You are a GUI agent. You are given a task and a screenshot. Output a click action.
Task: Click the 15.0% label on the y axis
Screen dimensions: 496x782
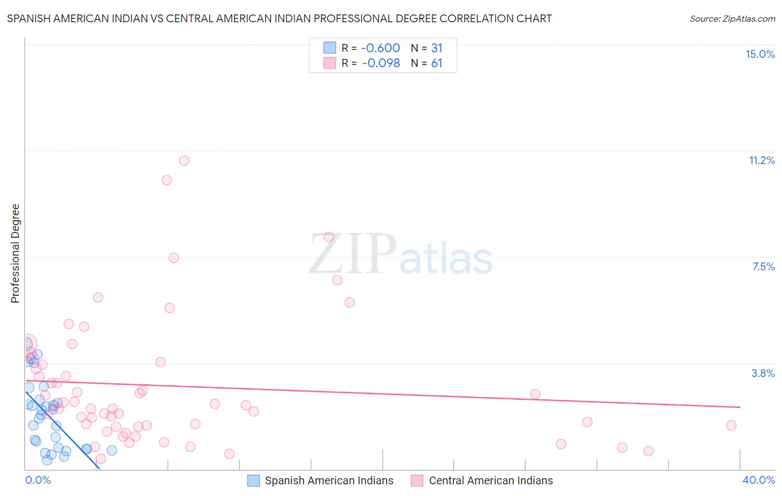click(x=760, y=54)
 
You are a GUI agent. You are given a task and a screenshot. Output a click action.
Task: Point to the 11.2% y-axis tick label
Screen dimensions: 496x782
click(x=761, y=160)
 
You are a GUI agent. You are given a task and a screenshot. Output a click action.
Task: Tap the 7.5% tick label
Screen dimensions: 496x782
click(x=763, y=266)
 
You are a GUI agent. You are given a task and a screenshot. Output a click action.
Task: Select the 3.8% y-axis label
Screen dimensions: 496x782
click(x=763, y=373)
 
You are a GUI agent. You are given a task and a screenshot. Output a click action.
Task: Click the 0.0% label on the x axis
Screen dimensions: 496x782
click(x=38, y=480)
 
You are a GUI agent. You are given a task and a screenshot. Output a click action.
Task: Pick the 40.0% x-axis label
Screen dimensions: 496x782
click(x=759, y=480)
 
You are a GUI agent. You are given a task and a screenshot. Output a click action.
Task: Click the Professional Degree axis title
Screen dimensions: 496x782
click(x=15, y=254)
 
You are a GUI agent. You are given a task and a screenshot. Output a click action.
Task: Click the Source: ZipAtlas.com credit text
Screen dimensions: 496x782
click(x=732, y=19)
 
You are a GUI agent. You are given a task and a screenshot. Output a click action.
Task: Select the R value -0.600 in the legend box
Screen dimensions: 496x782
click(x=380, y=48)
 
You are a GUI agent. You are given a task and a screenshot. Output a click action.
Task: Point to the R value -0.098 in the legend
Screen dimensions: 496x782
click(x=380, y=63)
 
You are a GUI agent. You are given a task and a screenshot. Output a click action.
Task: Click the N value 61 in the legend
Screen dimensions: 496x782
click(x=437, y=63)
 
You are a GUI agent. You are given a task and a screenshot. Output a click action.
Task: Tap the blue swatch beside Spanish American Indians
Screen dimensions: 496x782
click(x=254, y=480)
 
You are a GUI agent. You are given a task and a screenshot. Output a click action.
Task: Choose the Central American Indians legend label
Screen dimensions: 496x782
click(x=491, y=480)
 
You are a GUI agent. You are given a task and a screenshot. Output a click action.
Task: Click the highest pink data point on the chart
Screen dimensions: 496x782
click(x=184, y=160)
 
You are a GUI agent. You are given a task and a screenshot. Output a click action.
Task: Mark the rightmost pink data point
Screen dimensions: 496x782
click(x=731, y=425)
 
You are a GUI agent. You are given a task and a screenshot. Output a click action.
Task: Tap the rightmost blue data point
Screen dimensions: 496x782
click(x=112, y=450)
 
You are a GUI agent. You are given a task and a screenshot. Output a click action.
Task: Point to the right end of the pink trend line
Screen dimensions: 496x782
click(x=740, y=407)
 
